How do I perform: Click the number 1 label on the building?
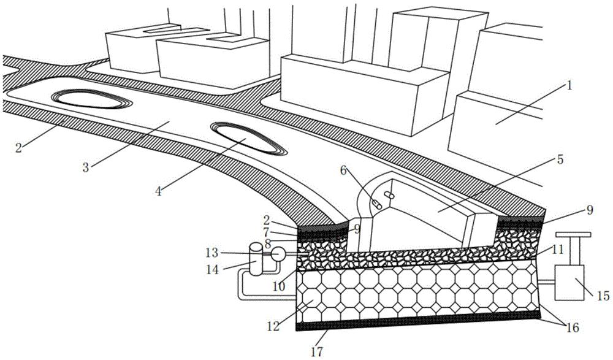(x=569, y=85)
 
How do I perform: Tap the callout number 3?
(x=86, y=168)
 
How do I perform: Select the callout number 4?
(x=158, y=191)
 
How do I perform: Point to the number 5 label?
(x=560, y=160)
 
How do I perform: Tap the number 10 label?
(x=279, y=286)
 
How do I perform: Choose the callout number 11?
(x=557, y=248)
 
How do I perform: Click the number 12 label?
(x=273, y=326)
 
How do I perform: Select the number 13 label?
(x=212, y=253)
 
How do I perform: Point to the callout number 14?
(x=213, y=270)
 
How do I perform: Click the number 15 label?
(x=603, y=296)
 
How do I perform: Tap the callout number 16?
(x=573, y=327)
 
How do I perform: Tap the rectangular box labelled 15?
(x=569, y=283)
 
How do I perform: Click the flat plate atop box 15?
(x=573, y=234)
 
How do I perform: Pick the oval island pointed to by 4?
(x=249, y=139)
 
